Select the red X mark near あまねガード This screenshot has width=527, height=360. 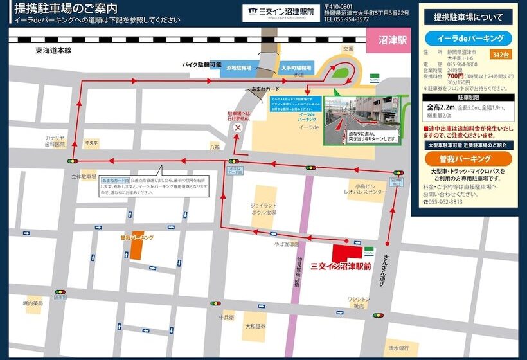pos(238,128)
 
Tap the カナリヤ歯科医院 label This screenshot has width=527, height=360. pos(55,140)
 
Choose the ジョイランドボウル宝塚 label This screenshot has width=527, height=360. pos(263,208)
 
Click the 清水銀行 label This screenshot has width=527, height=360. pos(398,348)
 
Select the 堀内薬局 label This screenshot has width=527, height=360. pos(33,302)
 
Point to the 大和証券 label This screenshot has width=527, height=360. pos(255,326)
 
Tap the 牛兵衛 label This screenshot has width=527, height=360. pos(226,317)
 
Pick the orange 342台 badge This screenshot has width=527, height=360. pos(500,55)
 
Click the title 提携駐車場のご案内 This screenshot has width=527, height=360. pos(64,8)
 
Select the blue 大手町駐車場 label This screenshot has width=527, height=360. pos(296,67)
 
